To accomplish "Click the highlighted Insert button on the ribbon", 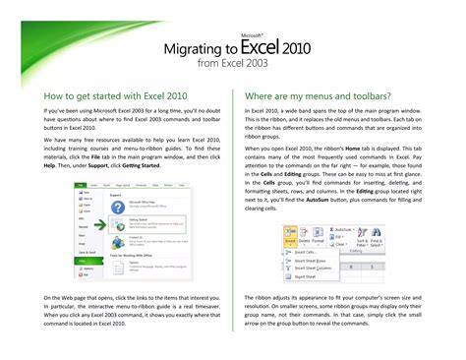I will pyautogui.click(x=290, y=237).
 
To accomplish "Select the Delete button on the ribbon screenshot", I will pyautogui.click(x=304, y=237).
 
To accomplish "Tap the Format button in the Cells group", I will pyautogui.click(x=318, y=237).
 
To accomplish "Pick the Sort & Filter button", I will pyautogui.click(x=360, y=235).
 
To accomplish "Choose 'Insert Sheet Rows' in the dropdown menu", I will pyautogui.click(x=313, y=260).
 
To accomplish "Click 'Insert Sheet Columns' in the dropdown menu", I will pyautogui.click(x=317, y=268).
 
